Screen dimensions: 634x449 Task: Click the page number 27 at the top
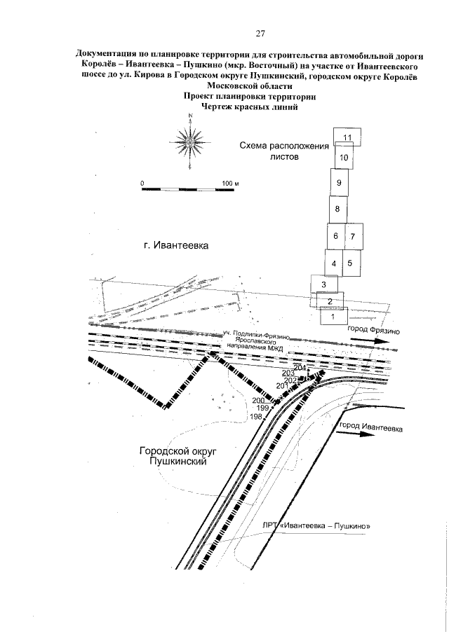[260, 33]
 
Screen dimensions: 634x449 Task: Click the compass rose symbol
[189, 139]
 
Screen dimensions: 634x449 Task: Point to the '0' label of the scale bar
[142, 184]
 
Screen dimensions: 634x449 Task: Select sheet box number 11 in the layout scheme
[347, 137]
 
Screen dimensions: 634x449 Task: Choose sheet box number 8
[338, 209]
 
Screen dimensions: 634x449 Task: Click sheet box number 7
[353, 236]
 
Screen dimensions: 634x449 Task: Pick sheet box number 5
[349, 263]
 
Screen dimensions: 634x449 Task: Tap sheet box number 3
[324, 284]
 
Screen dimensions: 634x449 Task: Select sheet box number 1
[334, 316]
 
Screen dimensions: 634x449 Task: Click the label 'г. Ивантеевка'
[176, 247]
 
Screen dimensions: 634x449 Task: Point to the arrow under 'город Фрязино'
[370, 341]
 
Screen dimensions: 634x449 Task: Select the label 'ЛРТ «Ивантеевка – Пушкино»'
[323, 526]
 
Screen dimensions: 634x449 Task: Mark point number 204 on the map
[300, 368]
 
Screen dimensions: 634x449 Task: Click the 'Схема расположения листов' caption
[284, 151]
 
